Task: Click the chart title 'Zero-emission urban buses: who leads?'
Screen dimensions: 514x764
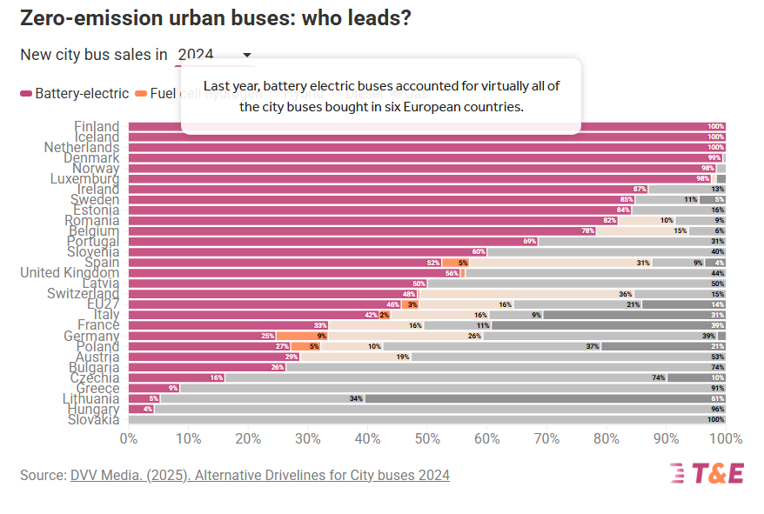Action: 215,18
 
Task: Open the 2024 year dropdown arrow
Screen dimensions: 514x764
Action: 247,55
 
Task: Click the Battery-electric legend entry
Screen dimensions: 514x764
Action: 74,93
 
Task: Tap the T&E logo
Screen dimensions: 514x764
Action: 707,474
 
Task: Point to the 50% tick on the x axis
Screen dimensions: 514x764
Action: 427,438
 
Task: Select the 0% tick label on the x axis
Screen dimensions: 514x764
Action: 129,438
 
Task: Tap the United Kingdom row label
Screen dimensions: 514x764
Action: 70,273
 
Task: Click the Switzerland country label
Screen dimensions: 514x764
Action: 76,294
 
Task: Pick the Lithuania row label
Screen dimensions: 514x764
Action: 84,398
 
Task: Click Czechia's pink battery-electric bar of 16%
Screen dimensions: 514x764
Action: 177,377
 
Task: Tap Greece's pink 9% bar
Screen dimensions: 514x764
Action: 154,388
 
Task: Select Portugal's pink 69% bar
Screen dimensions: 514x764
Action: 332,242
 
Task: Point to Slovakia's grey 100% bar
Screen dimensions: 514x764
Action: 427,419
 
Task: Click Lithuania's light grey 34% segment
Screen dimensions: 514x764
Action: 262,398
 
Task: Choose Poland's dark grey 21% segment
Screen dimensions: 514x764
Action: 663,346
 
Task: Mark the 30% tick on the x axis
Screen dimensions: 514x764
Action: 308,438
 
